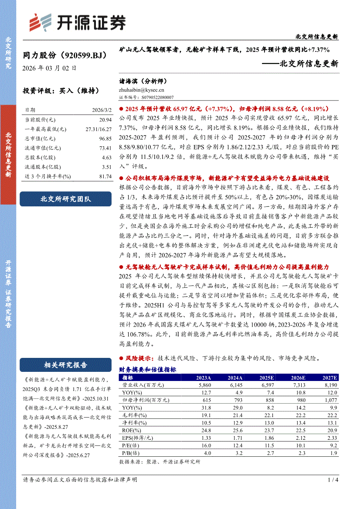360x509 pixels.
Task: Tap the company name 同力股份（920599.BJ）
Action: click(65, 55)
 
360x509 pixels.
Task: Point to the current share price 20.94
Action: click(105, 119)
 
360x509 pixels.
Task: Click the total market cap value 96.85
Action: click(105, 138)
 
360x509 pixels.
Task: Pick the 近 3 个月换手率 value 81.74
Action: click(105, 176)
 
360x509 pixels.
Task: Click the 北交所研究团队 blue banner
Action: click(66, 199)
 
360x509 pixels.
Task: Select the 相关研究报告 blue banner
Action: click(66, 365)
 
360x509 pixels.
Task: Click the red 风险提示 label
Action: click(139, 358)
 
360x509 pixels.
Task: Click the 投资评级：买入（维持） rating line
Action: click(61, 91)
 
